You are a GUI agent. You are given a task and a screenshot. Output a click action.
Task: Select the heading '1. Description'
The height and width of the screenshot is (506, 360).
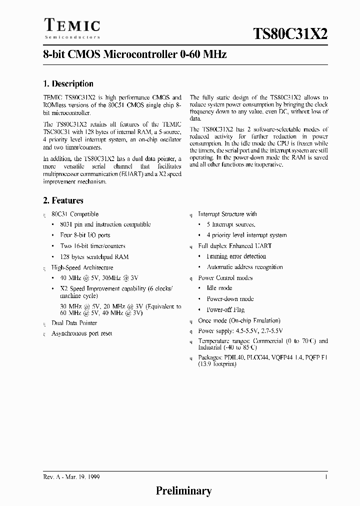pyautogui.click(x=68, y=84)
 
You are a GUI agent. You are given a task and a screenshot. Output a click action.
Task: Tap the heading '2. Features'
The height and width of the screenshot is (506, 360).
pyautogui.click(x=63, y=200)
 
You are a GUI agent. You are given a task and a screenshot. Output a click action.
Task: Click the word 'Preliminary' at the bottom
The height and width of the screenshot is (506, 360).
pyautogui.click(x=183, y=491)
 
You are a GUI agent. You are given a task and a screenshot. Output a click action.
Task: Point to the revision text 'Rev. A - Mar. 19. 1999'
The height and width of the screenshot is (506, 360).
pyautogui.click(x=71, y=477)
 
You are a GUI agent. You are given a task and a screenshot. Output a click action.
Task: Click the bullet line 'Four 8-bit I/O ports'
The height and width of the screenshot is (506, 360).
pyautogui.click(x=85, y=235)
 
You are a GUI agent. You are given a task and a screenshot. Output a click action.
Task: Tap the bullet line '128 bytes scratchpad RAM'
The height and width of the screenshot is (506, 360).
pyautogui.click(x=94, y=256)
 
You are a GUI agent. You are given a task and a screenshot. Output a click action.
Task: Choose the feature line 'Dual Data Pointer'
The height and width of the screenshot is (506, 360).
pyautogui.click(x=74, y=323)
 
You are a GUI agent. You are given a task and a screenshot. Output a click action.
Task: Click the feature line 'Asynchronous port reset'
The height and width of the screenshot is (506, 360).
pyautogui.click(x=81, y=333)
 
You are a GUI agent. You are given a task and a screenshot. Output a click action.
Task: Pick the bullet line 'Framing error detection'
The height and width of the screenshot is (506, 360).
pyautogui.click(x=236, y=256)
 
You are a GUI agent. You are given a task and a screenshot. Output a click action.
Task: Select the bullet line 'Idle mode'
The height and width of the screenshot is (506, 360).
pyautogui.click(x=219, y=288)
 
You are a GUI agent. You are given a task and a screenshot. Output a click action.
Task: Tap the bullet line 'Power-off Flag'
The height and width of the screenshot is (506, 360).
pyautogui.click(x=226, y=309)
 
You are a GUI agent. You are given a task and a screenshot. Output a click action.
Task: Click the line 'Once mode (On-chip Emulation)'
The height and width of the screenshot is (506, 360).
pyautogui.click(x=239, y=320)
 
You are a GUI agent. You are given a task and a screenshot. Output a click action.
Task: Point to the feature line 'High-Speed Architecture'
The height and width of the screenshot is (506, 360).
pyautogui.click(x=82, y=267)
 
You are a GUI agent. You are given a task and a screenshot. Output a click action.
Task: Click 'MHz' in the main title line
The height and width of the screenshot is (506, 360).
pyautogui.click(x=216, y=55)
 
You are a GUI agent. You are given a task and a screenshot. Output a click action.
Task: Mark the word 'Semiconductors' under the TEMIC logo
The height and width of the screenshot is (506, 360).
pyautogui.click(x=72, y=37)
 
